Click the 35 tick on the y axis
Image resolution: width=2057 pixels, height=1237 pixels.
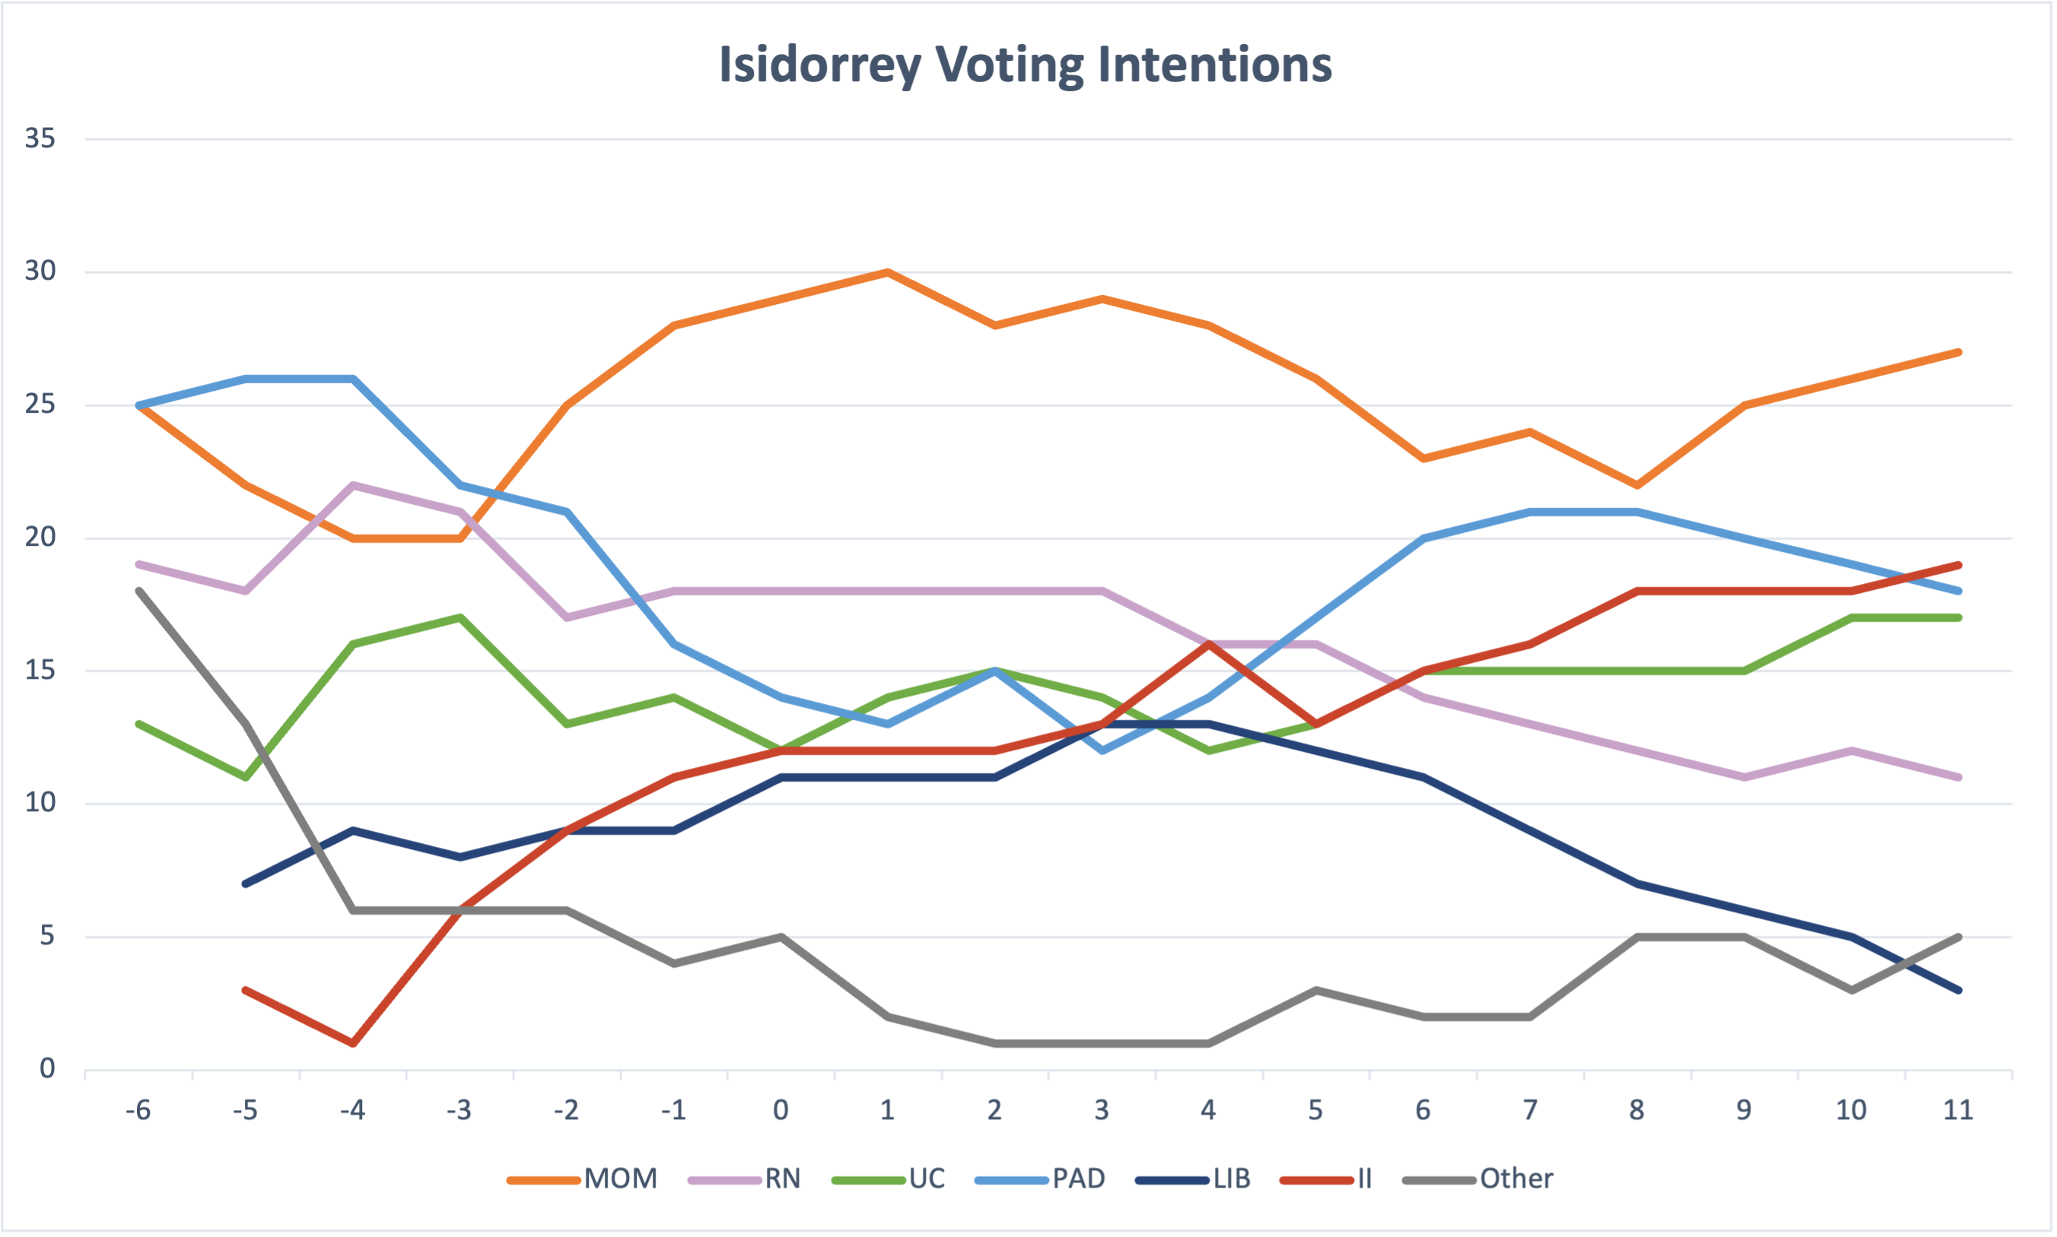click(40, 138)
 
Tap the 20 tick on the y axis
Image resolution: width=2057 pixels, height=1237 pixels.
click(40, 537)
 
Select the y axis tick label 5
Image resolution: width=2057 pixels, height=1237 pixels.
click(47, 936)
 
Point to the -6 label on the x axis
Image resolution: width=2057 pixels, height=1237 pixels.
click(138, 1110)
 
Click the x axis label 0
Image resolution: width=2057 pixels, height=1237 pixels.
click(781, 1110)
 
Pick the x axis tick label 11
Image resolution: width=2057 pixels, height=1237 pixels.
click(1958, 1110)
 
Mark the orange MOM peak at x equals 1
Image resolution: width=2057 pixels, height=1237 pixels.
click(888, 271)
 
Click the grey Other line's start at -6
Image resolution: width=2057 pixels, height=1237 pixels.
click(139, 591)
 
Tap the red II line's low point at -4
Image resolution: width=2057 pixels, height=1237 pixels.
click(354, 1043)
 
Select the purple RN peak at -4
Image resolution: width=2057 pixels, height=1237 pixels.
click(354, 484)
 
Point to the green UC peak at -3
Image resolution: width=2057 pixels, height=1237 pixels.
click(460, 617)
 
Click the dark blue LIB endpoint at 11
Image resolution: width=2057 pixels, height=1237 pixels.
click(1959, 990)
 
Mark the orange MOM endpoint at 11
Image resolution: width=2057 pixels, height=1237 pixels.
click(1959, 352)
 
